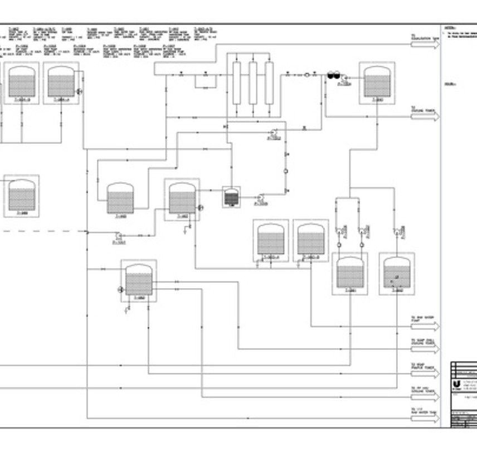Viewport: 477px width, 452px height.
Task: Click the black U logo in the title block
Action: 456,385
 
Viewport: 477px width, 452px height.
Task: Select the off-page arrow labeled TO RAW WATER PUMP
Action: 425,325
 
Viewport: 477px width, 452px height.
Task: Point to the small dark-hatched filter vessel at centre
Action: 231,197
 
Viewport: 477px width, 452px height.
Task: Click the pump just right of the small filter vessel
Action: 260,197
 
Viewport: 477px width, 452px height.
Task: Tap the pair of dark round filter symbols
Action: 333,74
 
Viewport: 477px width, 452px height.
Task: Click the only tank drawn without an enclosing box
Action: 120,199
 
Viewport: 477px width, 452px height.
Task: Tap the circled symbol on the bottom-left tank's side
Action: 121,289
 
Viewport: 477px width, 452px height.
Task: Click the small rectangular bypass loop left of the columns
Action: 205,81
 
